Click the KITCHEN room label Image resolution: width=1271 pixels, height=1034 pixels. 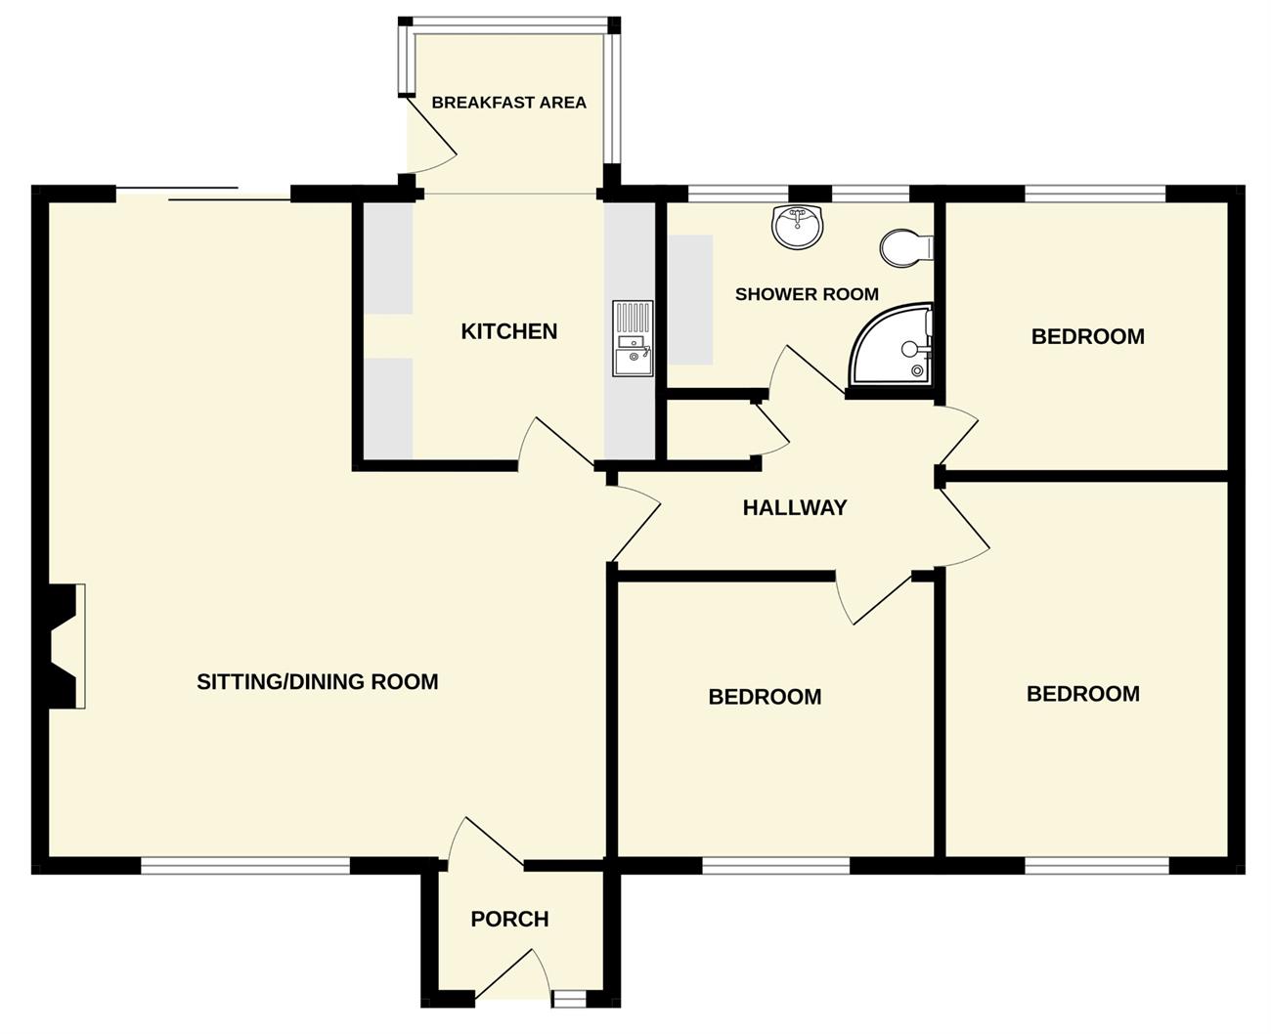pos(509,331)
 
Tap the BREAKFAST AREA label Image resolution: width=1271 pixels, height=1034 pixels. pos(509,103)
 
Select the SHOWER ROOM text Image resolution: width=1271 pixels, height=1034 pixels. pos(807,294)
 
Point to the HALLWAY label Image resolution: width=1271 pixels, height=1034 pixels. pos(795,507)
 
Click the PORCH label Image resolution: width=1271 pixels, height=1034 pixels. pos(509,919)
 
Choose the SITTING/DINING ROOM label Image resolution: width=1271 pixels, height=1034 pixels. pos(318,681)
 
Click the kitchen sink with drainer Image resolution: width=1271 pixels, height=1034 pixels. pos(634,338)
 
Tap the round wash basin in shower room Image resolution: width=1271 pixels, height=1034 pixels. pos(799,227)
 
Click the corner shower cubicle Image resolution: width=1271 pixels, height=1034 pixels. pos(892,345)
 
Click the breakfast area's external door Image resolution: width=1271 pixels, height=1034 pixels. pos(432,136)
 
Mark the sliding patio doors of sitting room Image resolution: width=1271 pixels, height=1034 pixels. pos(203,194)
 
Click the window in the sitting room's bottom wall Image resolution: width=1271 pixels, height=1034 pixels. pos(245,866)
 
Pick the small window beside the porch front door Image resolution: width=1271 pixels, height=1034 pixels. pos(569,998)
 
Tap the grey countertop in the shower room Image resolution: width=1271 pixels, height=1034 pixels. pos(690,299)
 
